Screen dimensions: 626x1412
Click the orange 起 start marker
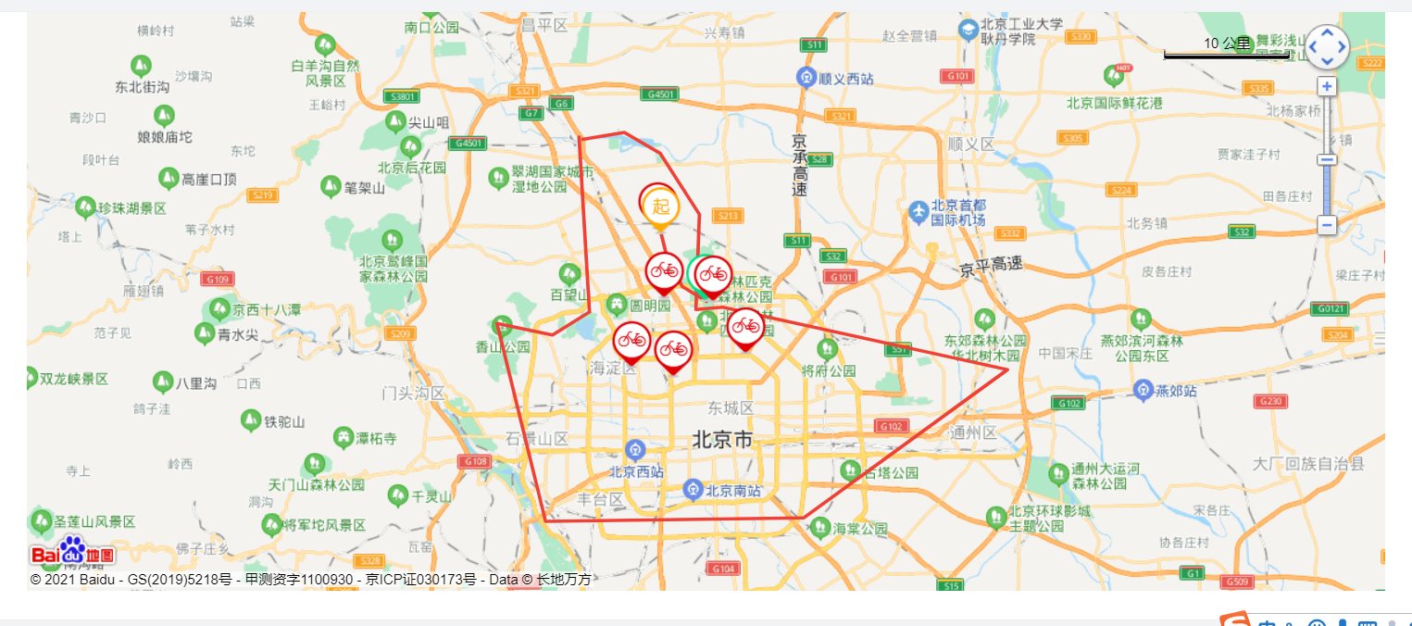pyautogui.click(x=660, y=206)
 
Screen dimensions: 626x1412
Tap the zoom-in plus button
pyautogui.click(x=1327, y=87)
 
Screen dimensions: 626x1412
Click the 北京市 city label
pyautogui.click(x=723, y=440)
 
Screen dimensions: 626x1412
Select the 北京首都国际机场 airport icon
pyautogui.click(x=918, y=212)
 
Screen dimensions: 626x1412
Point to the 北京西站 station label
pyautogui.click(x=636, y=471)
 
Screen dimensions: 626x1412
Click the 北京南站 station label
pyautogui.click(x=734, y=490)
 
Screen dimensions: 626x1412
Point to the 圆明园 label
pyautogui.click(x=649, y=305)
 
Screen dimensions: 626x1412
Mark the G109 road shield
pyautogui.click(x=218, y=279)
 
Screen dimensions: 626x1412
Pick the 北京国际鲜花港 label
pyautogui.click(x=1114, y=103)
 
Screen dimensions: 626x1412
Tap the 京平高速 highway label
pyautogui.click(x=991, y=265)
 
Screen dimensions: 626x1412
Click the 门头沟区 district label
pyautogui.click(x=414, y=393)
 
